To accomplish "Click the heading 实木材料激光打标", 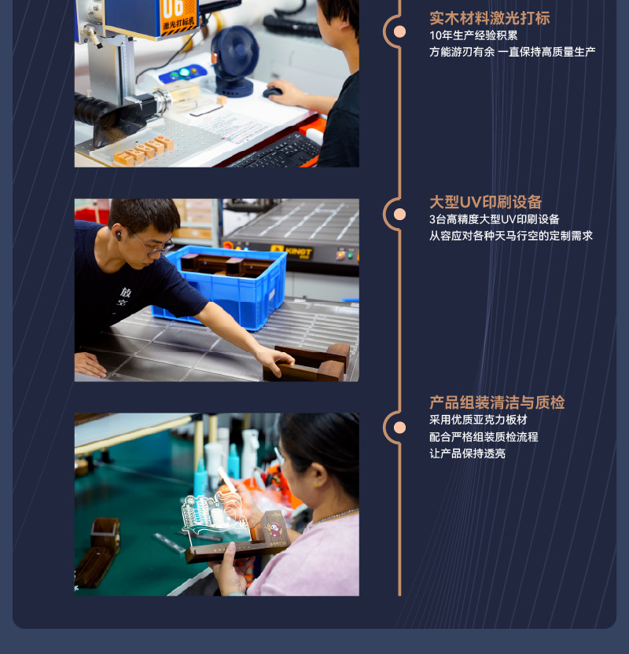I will (x=489, y=17).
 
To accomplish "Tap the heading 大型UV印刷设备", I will (x=485, y=202).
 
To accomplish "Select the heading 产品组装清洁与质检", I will (x=497, y=402).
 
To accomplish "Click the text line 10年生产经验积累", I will (x=473, y=35).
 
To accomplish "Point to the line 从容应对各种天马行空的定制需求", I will (x=511, y=236).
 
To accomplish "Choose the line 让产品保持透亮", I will (x=467, y=454).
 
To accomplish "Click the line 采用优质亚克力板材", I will (x=478, y=421).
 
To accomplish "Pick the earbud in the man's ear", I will (x=119, y=233).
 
